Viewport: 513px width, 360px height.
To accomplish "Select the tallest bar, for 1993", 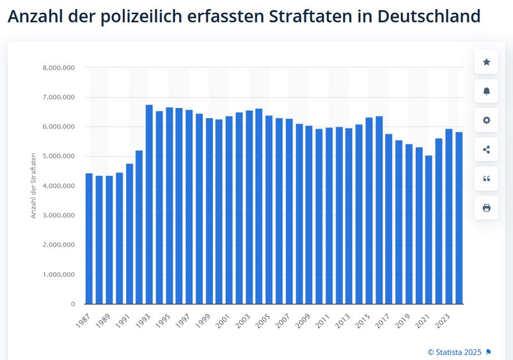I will tap(149, 205).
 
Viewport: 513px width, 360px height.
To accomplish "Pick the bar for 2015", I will tap(368, 211).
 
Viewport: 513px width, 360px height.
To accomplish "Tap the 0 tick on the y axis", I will tap(74, 304).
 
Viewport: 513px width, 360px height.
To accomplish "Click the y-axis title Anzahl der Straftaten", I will tap(34, 185).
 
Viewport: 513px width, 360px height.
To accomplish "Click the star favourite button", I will tap(486, 62).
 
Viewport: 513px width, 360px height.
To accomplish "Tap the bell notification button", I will tap(486, 91).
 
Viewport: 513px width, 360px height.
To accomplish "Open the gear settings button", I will tap(486, 120).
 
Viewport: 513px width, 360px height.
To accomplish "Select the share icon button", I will tap(486, 150).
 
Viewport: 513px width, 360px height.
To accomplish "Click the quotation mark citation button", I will tap(486, 178).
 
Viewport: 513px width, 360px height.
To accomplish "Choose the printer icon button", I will tap(486, 208).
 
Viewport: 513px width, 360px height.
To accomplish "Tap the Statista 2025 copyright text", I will tap(456, 352).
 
